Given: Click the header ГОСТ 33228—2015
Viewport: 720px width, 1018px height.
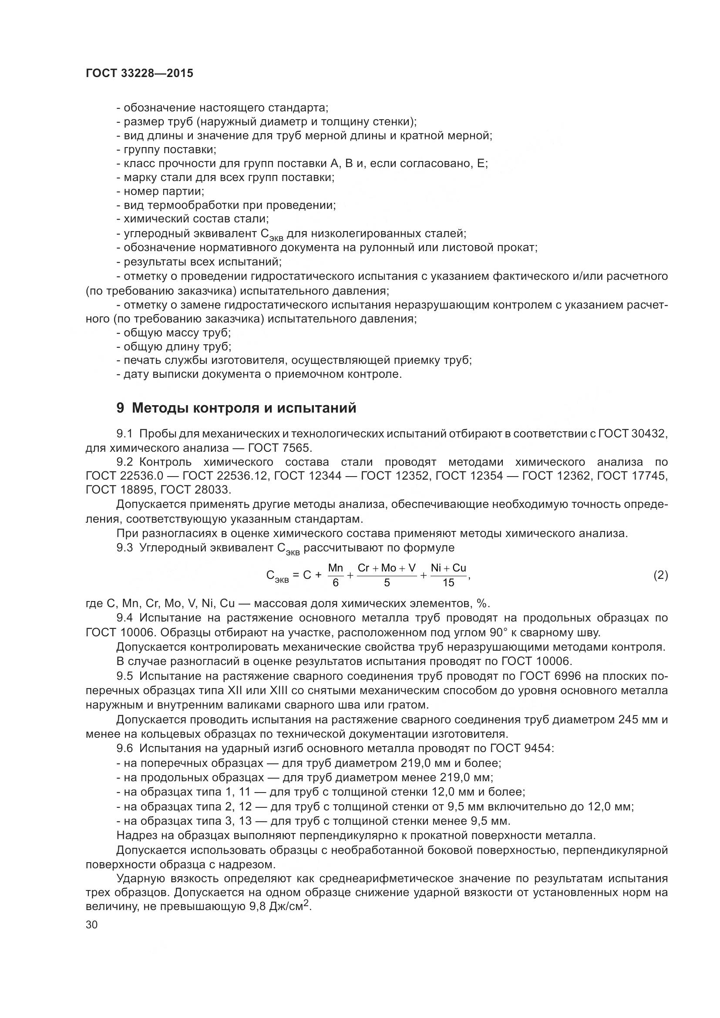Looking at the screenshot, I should pyautogui.click(x=139, y=74).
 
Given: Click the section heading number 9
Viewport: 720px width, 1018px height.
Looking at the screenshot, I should pyautogui.click(x=120, y=408).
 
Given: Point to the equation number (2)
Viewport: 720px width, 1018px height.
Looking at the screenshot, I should pyautogui.click(x=660, y=575).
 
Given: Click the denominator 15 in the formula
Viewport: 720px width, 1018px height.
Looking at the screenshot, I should pyautogui.click(x=448, y=583).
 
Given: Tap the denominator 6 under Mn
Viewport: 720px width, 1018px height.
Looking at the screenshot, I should pyautogui.click(x=336, y=583).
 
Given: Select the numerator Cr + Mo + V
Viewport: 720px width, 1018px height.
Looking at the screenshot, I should pyautogui.click(x=387, y=568).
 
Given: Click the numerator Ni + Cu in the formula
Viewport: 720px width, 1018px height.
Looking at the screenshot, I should pyautogui.click(x=448, y=568).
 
